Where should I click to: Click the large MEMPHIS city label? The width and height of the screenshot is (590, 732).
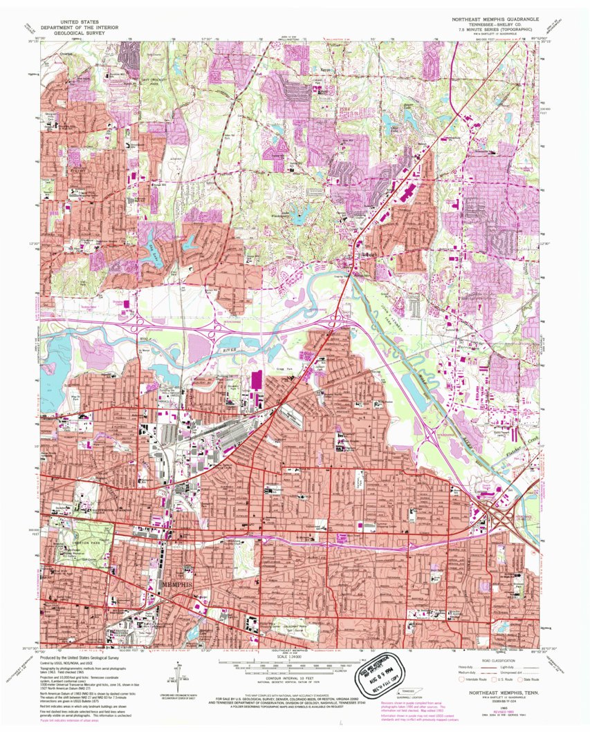(x=176, y=585)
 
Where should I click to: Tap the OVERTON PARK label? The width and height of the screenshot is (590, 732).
(x=66, y=542)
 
